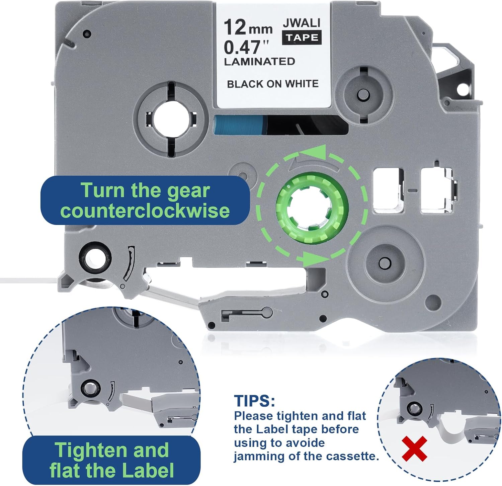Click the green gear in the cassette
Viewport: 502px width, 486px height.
pos(312,208)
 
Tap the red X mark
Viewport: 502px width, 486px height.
pos(414,448)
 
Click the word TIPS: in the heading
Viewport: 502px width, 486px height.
pos(255,401)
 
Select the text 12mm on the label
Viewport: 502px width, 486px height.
pos(248,28)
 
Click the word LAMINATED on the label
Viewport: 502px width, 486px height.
pos(259,62)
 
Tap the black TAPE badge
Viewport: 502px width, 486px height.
pos(302,37)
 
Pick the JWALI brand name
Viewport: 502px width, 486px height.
pos(302,23)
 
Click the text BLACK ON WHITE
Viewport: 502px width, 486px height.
pos(273,84)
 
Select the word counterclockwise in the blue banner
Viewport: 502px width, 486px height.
pos(145,211)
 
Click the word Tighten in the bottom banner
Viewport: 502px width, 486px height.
pos(90,450)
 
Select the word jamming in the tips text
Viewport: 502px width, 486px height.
pos(258,457)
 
